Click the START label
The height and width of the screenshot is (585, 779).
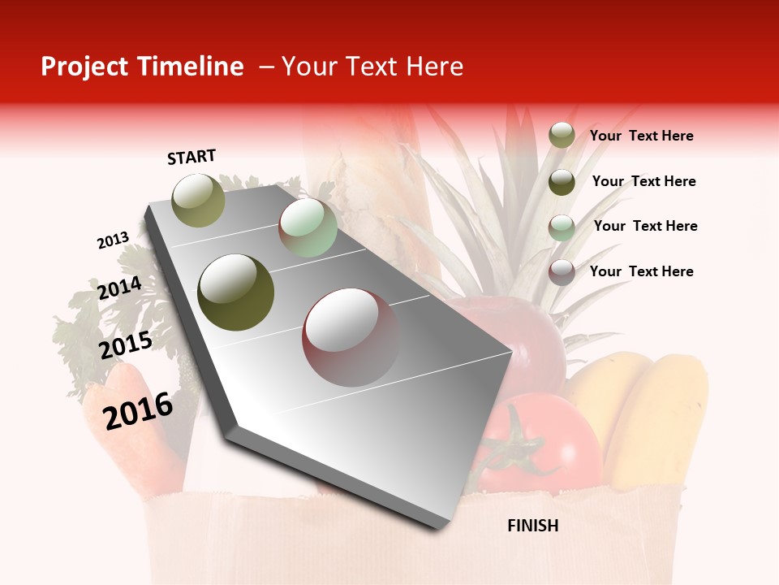coord(192,157)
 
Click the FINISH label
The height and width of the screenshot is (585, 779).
coord(532,526)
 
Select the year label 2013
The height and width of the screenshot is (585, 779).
coord(114,240)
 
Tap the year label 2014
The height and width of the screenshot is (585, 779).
coord(120,288)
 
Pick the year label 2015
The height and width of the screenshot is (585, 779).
coord(126,346)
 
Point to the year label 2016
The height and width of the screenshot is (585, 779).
coord(138,410)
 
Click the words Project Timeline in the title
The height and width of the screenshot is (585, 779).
coord(142,67)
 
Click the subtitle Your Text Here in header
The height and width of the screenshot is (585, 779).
coord(372,67)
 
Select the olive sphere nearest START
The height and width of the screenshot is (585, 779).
coord(199,200)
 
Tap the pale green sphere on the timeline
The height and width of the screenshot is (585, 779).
coord(308,227)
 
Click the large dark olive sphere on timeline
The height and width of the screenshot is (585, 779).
coord(236,292)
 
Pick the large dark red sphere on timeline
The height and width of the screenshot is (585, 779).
coord(351,337)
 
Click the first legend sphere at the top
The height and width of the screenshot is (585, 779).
coord(562,136)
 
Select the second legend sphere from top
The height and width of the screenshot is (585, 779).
coord(562,182)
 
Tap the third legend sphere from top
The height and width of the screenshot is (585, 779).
coord(562,227)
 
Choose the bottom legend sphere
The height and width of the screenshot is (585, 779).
coord(562,272)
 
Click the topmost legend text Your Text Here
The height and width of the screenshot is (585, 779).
coord(641,136)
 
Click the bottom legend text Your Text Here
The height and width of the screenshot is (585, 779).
coord(641,271)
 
